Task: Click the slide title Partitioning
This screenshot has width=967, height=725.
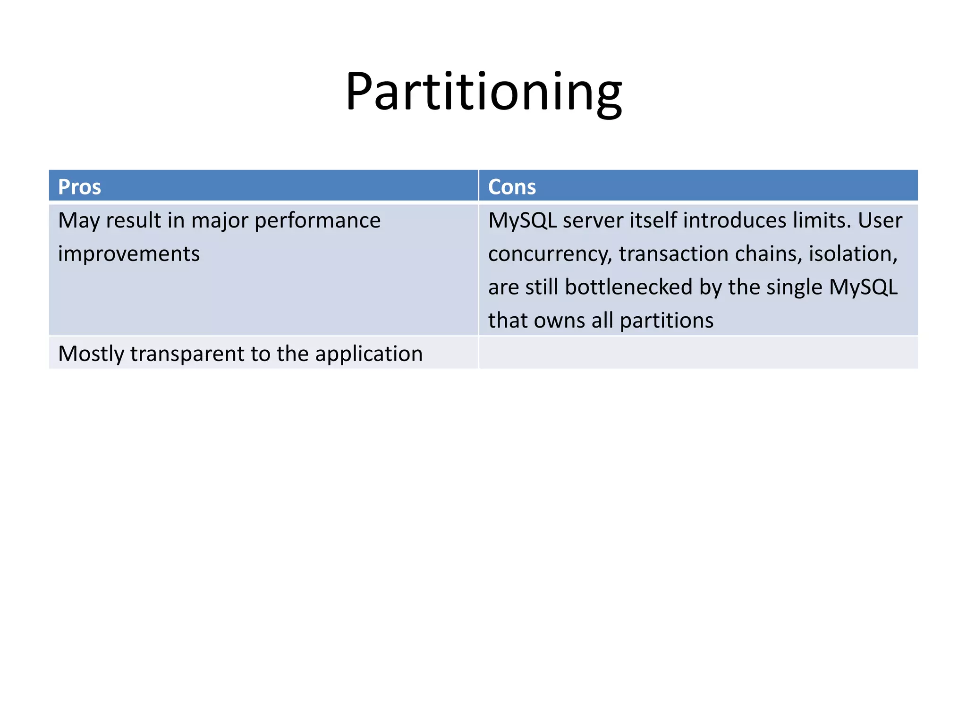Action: (483, 92)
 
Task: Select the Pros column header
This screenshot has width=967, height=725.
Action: (79, 187)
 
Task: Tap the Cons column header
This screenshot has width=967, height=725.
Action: (512, 187)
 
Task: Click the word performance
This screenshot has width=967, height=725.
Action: (317, 221)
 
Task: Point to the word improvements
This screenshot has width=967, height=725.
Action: (129, 254)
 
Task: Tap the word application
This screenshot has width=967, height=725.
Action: (369, 354)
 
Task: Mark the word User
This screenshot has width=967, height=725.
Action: (880, 221)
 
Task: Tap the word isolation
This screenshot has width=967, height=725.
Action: (853, 254)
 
